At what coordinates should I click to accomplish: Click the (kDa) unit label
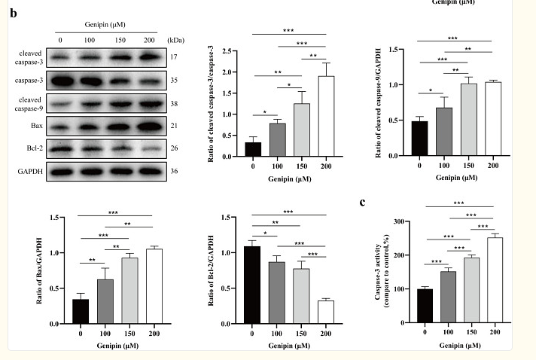(177, 38)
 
